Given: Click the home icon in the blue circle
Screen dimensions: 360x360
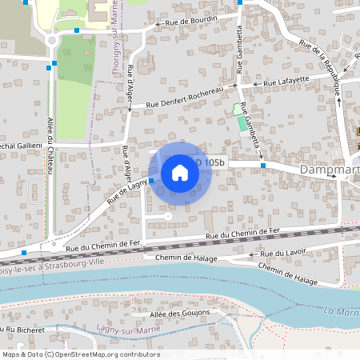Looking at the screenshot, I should coord(180,173).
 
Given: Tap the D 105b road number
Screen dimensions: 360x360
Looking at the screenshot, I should coord(210,162).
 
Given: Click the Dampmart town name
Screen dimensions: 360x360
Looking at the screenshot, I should coord(329,170).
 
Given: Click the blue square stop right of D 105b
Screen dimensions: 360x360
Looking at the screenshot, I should coord(262,166).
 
